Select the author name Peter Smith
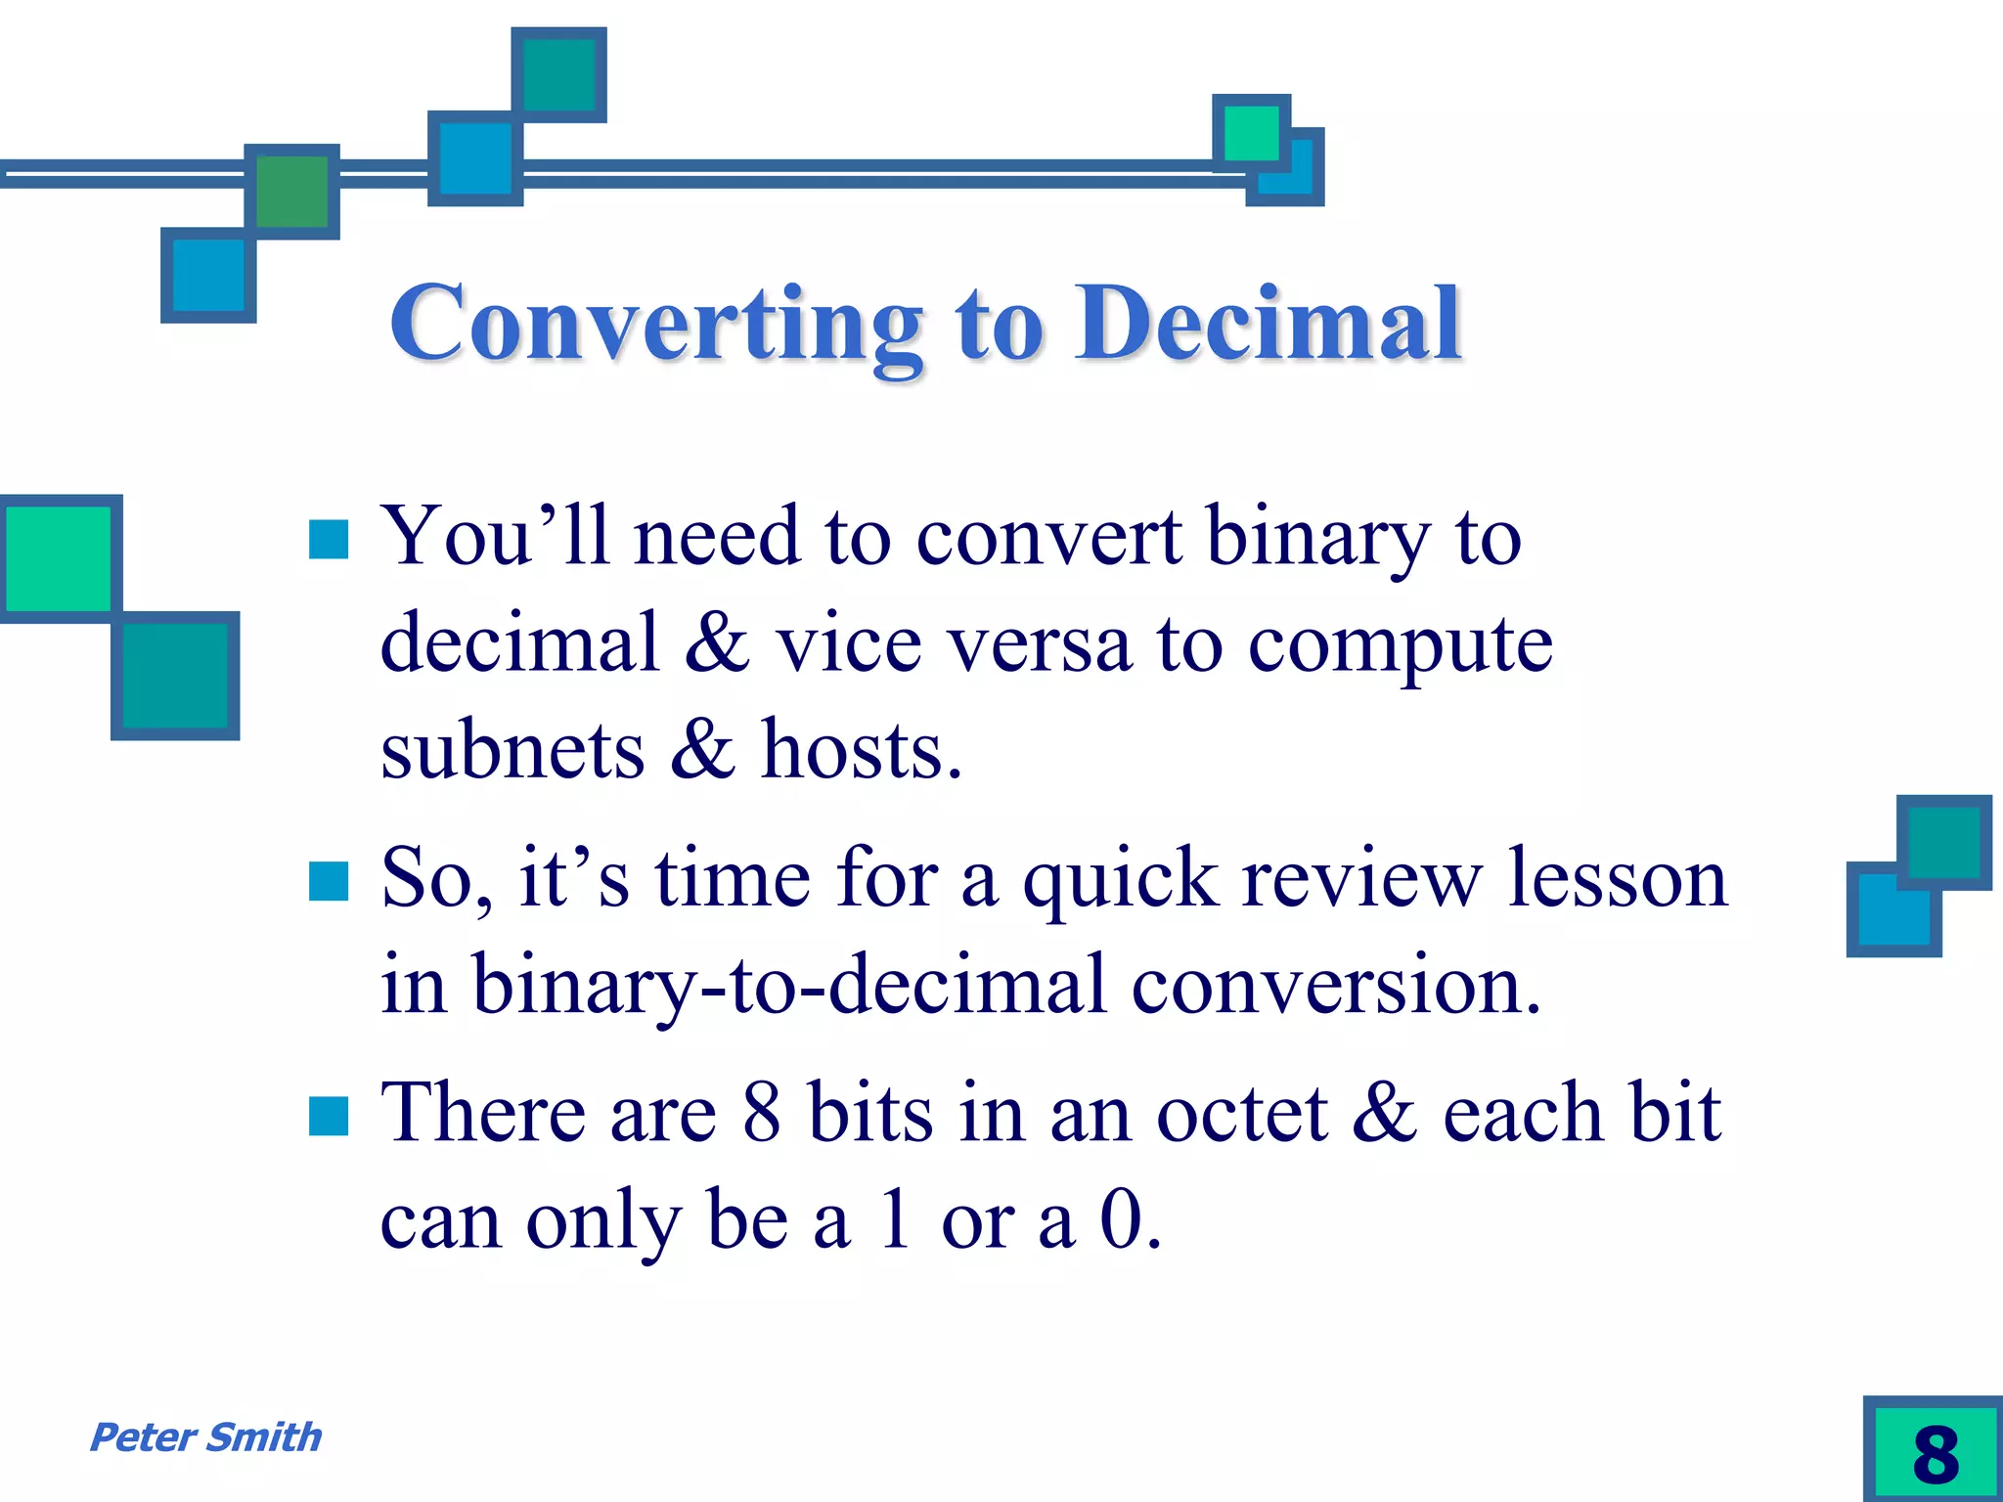pos(205,1437)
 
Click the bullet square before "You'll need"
pos(329,540)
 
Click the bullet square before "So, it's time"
pos(329,880)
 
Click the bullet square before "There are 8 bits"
pos(329,1116)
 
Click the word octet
pos(1240,1115)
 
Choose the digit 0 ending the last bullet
pos(1121,1220)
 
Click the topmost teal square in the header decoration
pos(558,74)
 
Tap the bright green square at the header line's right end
pos(1251,133)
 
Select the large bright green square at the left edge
pos(59,558)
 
